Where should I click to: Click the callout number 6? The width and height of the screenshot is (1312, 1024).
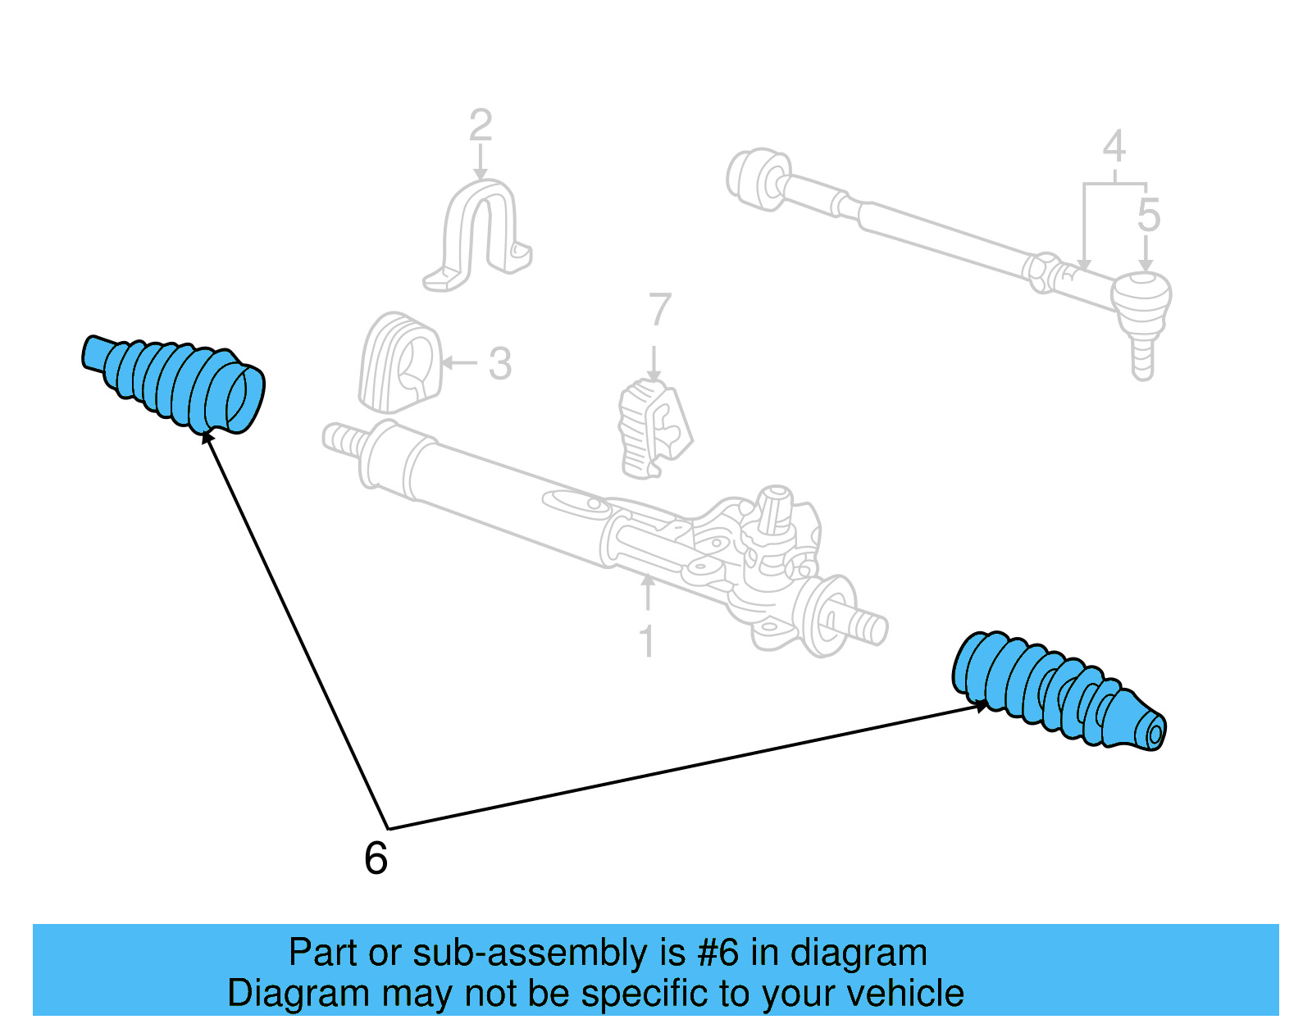tap(376, 859)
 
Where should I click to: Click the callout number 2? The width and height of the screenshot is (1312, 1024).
tap(481, 126)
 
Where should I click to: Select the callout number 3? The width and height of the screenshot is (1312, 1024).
tap(500, 363)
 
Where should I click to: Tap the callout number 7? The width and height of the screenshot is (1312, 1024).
tap(659, 311)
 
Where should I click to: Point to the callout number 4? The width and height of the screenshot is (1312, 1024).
tap(1114, 148)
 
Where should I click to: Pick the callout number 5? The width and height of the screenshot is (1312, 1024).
tap(1148, 216)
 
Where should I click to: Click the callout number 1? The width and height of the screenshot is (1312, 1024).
tap(647, 641)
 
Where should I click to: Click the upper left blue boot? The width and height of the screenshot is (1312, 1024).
tap(172, 382)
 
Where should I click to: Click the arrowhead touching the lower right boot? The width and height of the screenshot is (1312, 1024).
tap(981, 705)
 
